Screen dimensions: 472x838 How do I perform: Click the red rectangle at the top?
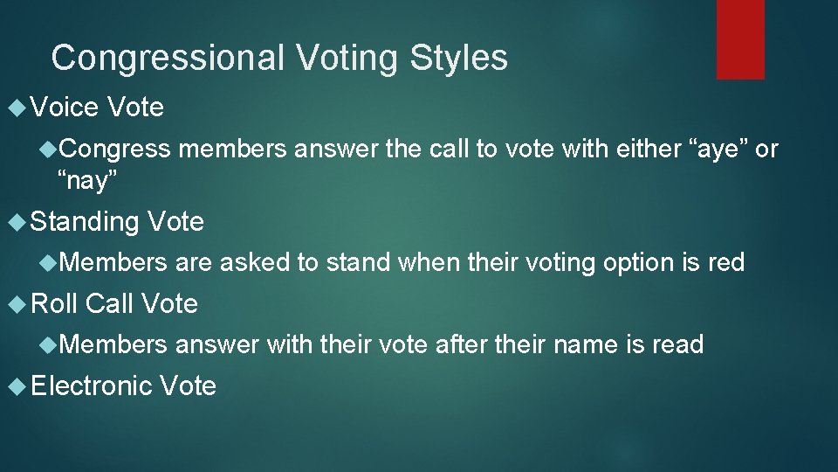[740, 39]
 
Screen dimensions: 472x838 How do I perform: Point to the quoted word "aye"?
[718, 149]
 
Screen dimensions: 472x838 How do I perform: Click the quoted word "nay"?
[87, 181]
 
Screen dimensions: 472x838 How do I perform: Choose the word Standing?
[85, 222]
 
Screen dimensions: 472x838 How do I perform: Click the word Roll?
[54, 303]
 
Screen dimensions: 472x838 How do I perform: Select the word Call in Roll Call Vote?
[109, 303]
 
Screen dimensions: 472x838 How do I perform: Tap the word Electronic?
[92, 385]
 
